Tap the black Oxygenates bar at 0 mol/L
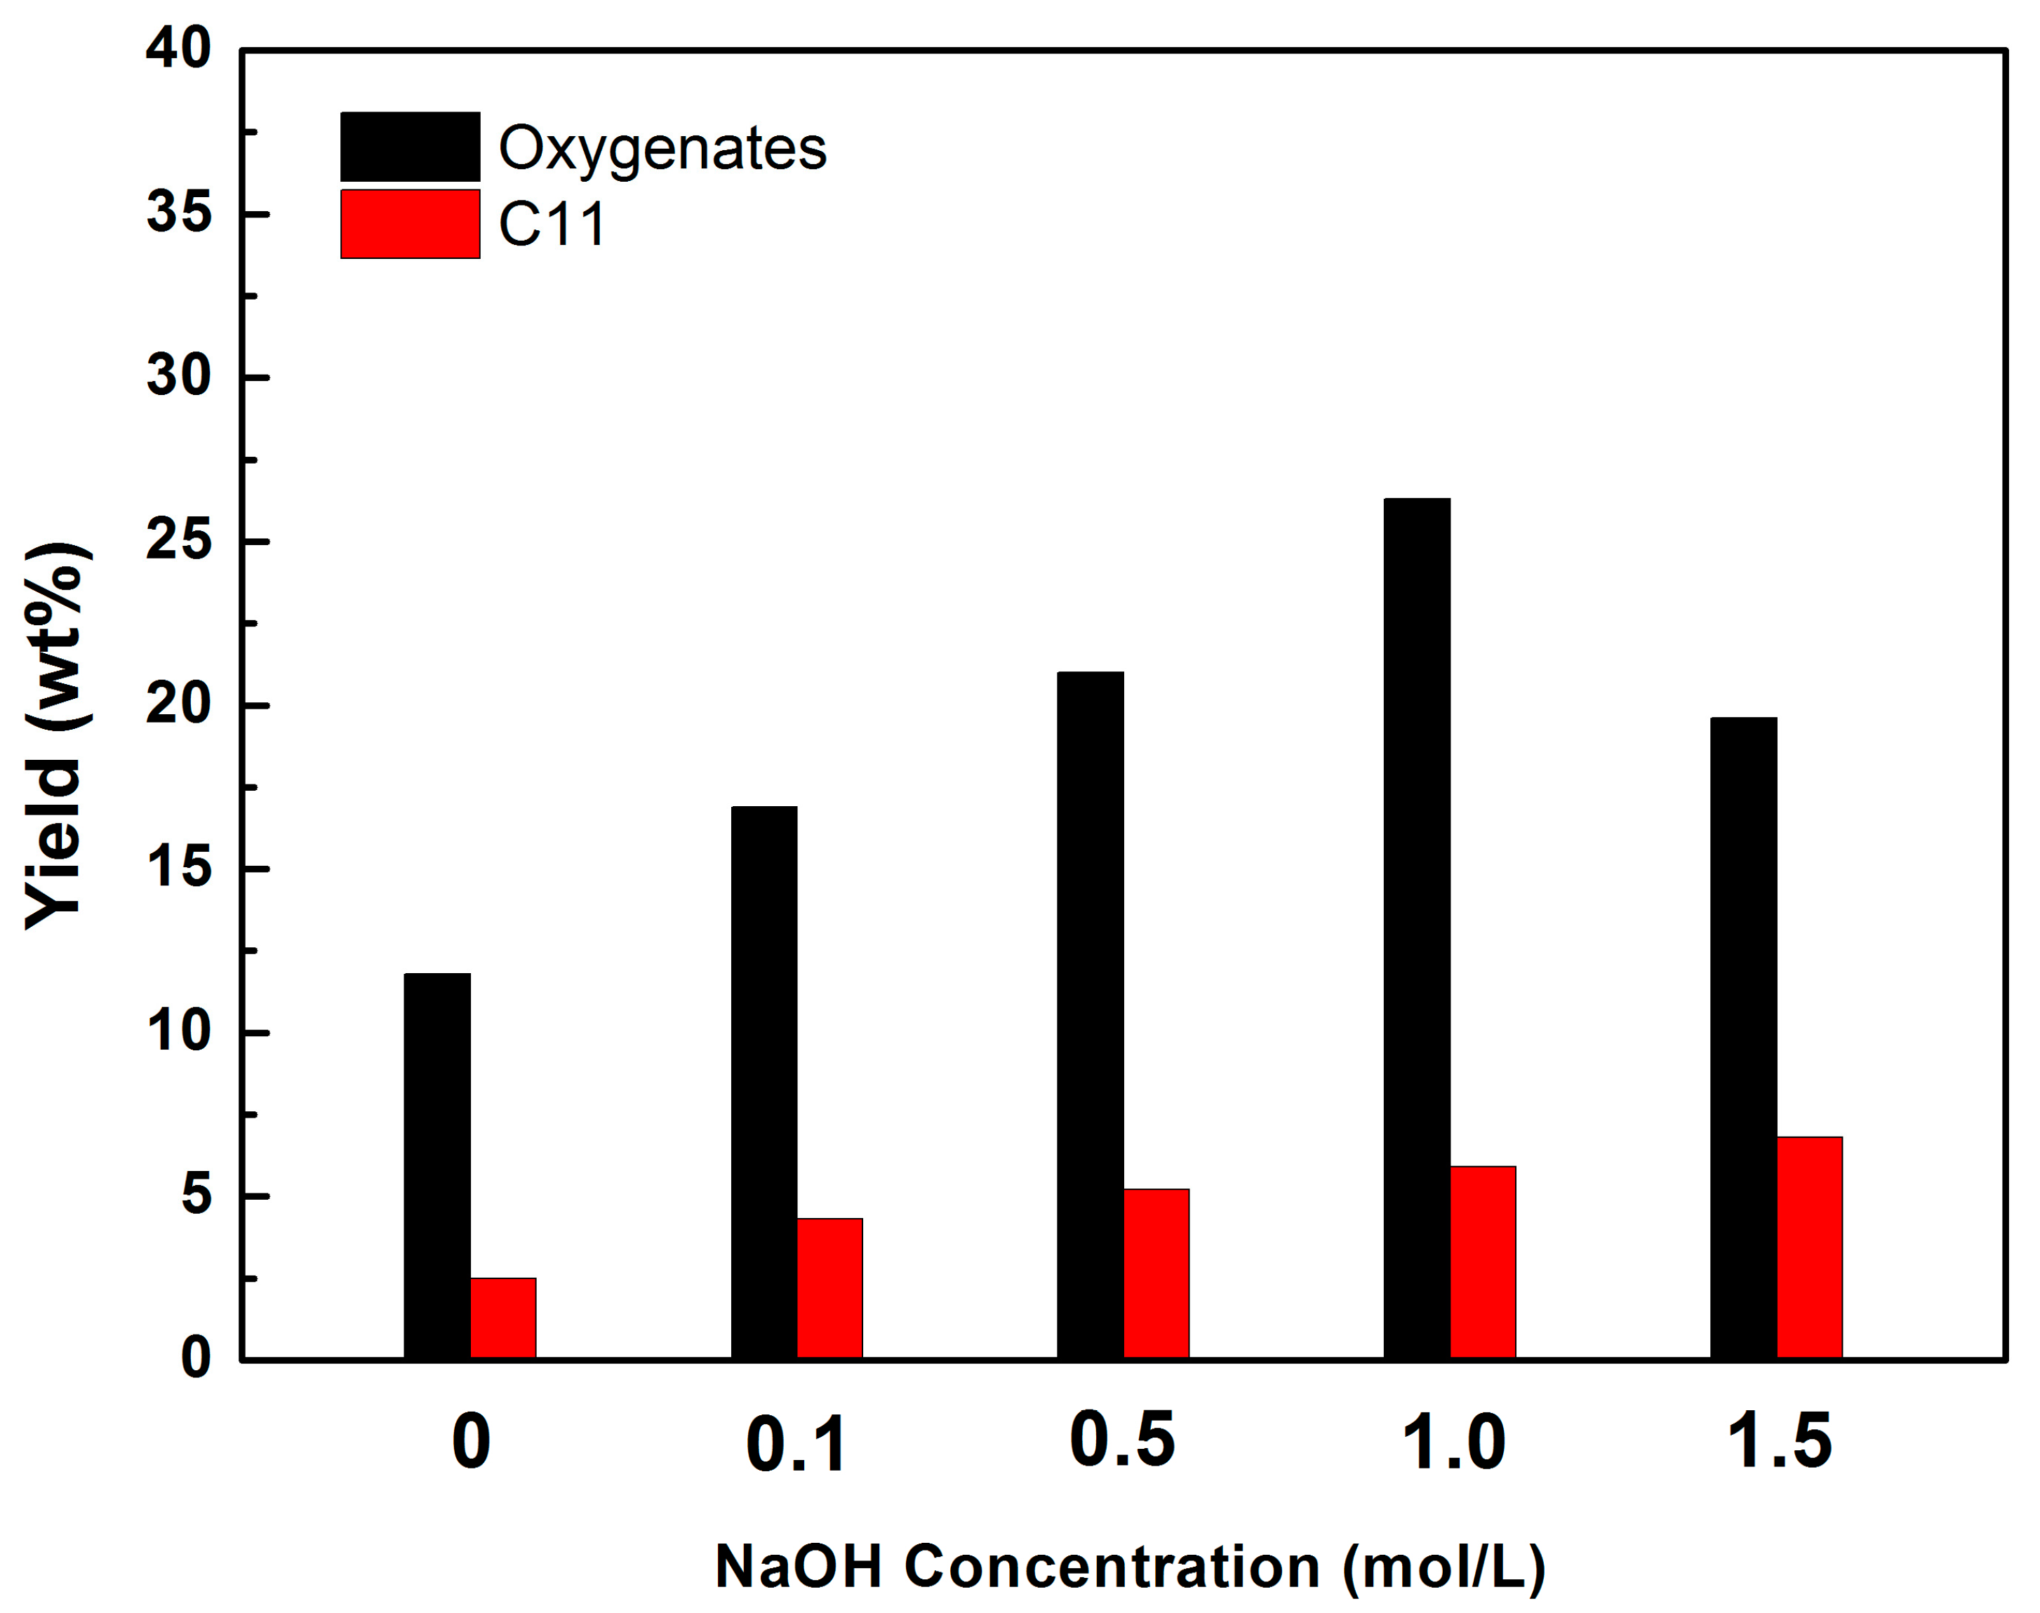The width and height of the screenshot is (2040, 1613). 437,1166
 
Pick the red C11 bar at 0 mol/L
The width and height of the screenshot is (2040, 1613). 503,1318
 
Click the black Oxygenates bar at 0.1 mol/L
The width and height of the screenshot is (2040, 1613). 764,1083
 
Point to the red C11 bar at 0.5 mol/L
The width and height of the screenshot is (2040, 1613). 1156,1274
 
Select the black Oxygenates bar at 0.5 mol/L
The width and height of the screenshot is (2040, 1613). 1090,1015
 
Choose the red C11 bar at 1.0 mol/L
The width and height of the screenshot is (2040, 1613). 1483,1263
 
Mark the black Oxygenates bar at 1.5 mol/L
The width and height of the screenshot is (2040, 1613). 1743,1039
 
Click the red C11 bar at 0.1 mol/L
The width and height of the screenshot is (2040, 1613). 829,1289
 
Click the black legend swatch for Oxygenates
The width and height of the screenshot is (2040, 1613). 410,147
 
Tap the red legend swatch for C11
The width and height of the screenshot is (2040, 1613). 410,224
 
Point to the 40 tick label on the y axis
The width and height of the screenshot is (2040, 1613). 178,49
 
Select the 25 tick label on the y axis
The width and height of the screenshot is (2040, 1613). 178,541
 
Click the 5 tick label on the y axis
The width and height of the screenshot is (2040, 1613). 196,1196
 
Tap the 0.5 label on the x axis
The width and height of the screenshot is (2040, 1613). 1122,1441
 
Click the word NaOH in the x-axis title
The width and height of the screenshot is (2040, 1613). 798,1567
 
